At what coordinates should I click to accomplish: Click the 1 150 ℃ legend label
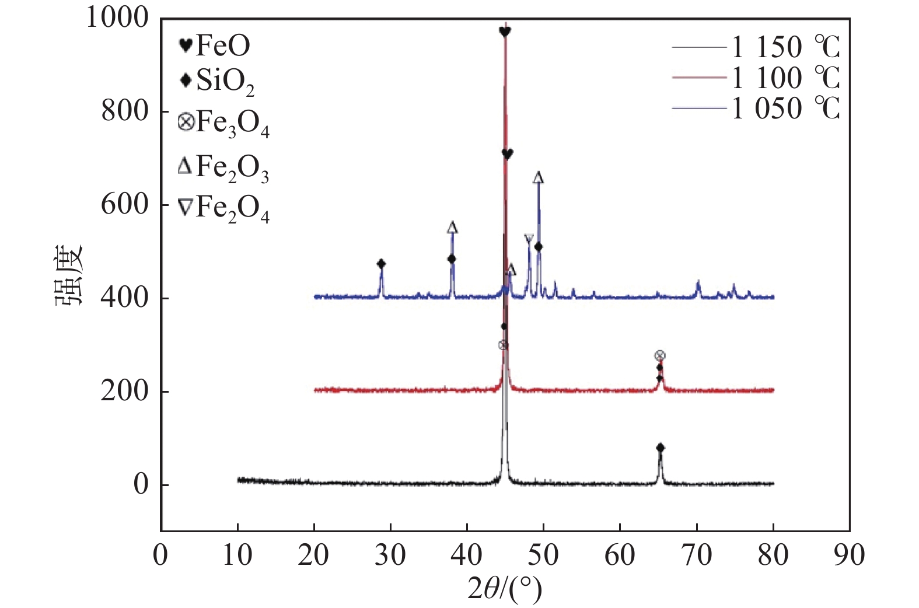pos(785,47)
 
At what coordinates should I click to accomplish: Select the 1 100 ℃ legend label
pos(785,78)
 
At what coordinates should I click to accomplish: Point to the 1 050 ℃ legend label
pos(785,109)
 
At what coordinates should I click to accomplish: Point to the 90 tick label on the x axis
pos(850,555)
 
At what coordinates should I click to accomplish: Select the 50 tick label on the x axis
pos(543,555)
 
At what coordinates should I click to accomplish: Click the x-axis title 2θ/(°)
pos(505,589)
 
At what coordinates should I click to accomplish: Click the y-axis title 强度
pos(69,274)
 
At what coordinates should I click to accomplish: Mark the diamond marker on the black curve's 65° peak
pos(661,448)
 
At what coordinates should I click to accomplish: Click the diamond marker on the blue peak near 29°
pos(381,264)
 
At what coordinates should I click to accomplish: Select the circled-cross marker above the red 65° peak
pos(660,355)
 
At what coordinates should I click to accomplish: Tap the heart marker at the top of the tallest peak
pos(505,32)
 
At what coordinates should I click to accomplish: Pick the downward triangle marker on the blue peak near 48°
pos(529,239)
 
